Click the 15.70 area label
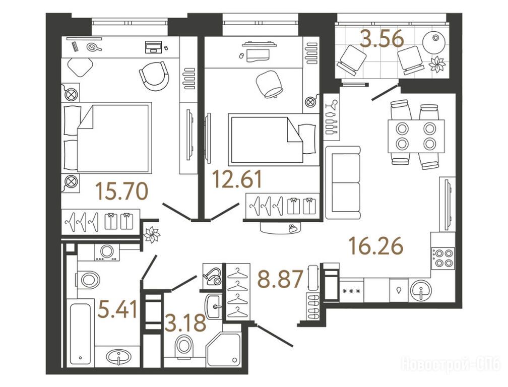[x=122, y=191]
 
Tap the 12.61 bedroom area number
[x=237, y=180]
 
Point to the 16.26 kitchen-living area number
[x=376, y=246]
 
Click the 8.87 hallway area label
[x=280, y=279]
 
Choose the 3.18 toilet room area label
[x=185, y=322]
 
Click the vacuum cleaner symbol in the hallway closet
[x=212, y=275]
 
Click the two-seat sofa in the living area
[x=343, y=182]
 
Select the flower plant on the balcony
[x=437, y=64]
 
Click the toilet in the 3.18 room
[x=183, y=345]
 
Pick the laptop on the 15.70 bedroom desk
[x=153, y=46]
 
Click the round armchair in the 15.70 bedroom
[x=154, y=77]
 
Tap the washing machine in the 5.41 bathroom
[x=107, y=252]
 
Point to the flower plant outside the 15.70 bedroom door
[x=152, y=234]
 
